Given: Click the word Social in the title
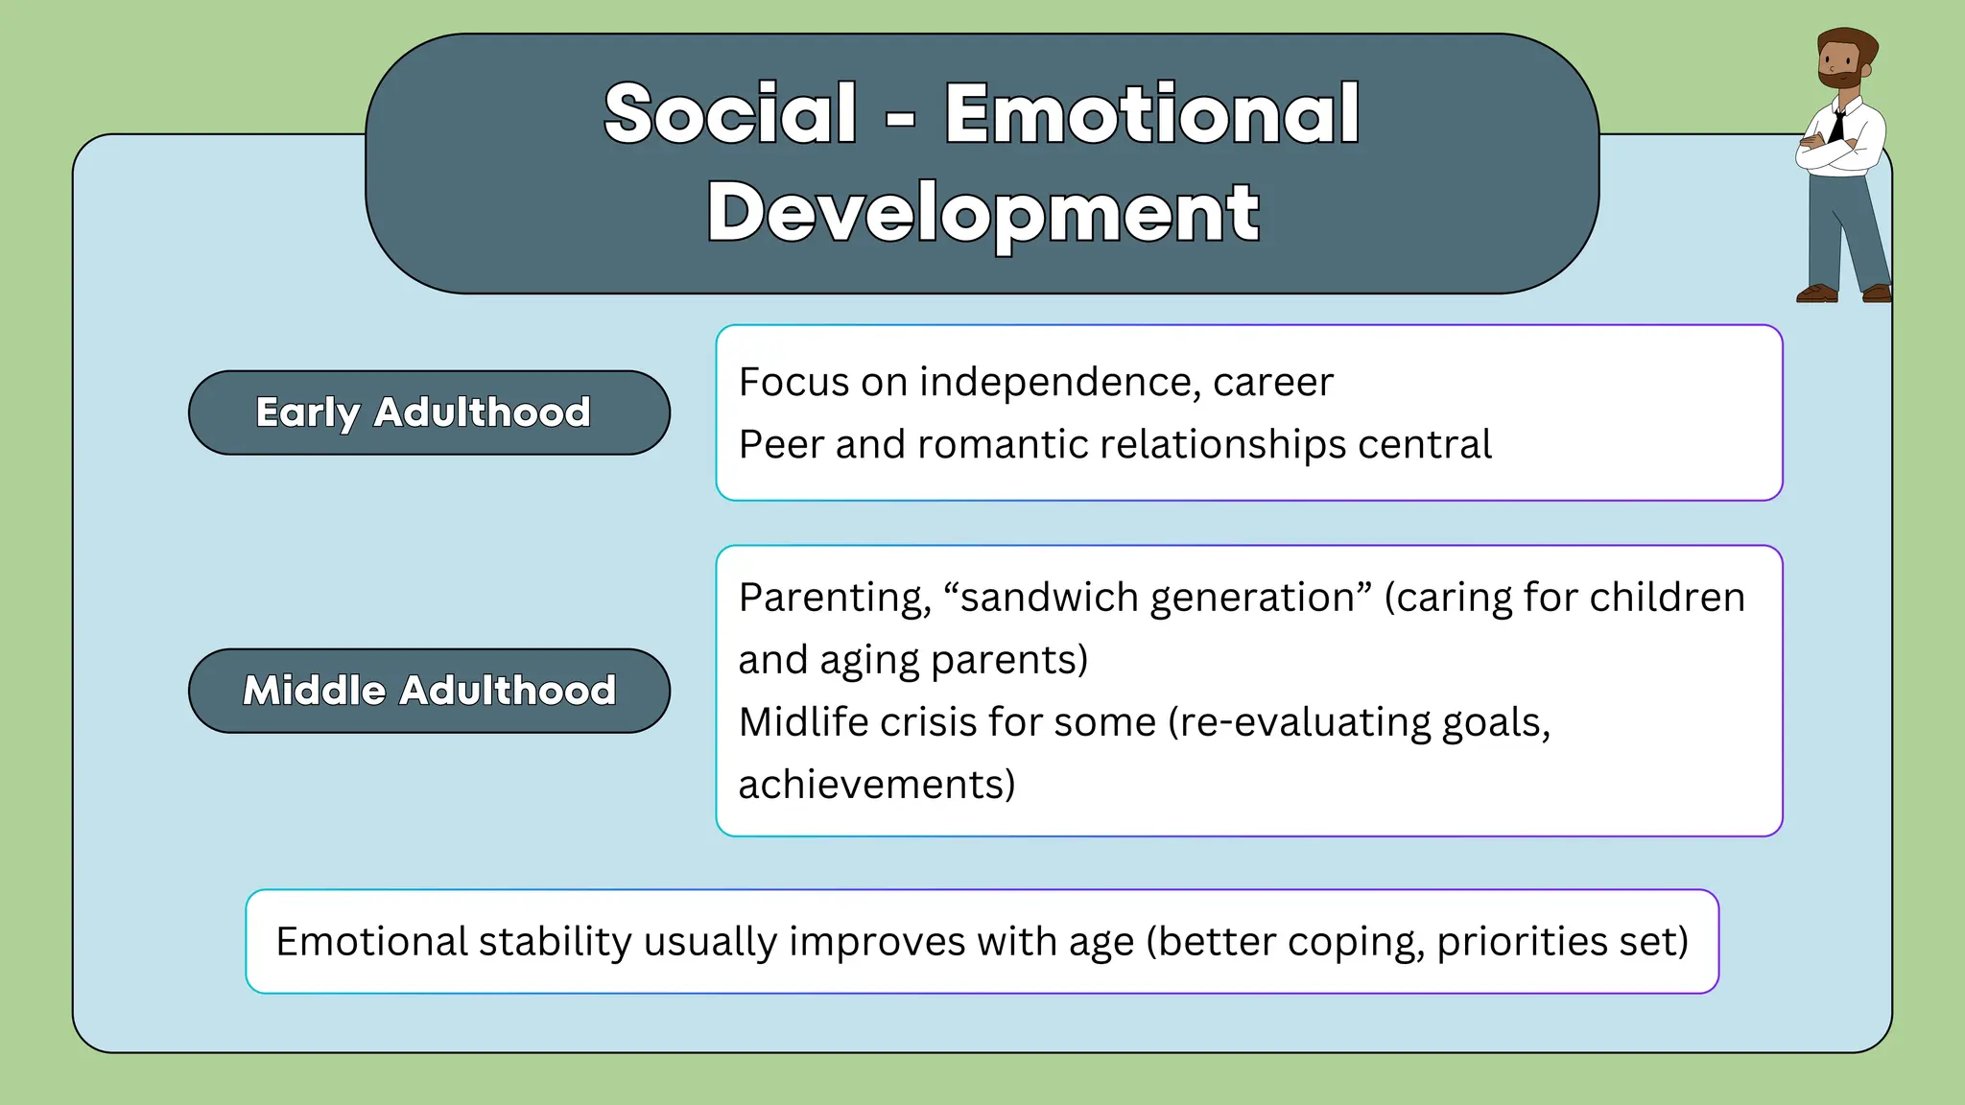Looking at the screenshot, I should tap(730, 114).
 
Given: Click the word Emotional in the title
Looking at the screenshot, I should tap(1151, 114).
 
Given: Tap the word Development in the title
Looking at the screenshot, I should tap(982, 213).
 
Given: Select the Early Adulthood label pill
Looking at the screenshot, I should tap(429, 412).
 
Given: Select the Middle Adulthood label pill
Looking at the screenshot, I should tap(429, 691).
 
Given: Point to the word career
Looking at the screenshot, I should tap(1272, 383).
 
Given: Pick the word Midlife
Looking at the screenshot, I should tap(802, 722).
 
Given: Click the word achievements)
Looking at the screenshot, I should tap(876, 785).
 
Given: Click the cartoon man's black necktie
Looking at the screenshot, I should tap(1837, 126).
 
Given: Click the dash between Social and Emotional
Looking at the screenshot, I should tap(900, 121).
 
